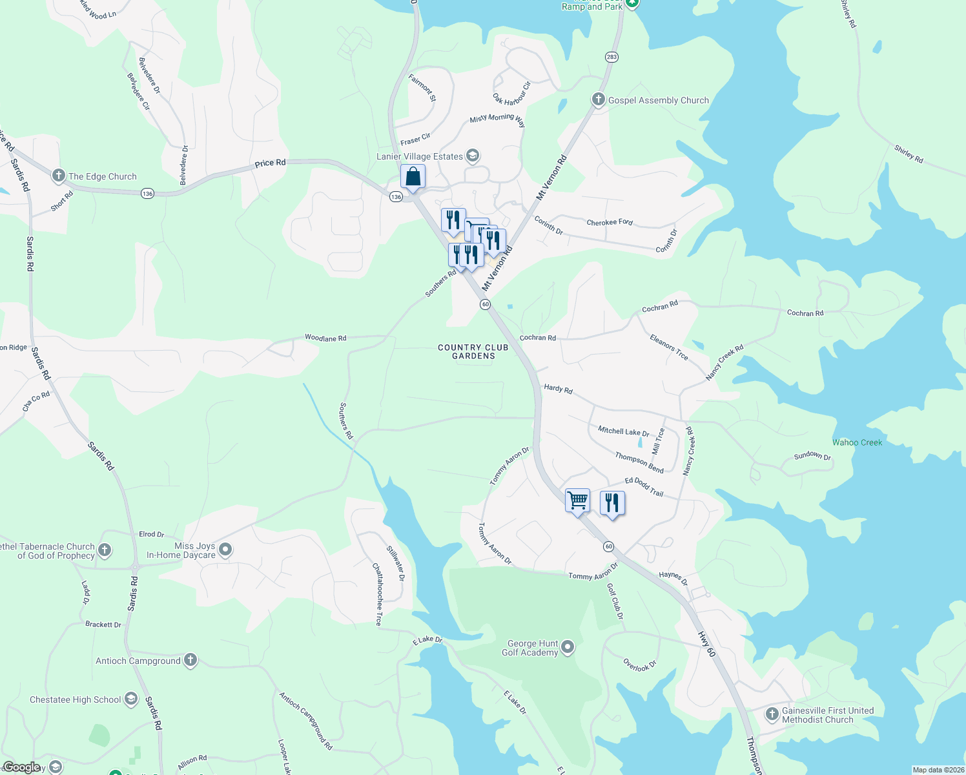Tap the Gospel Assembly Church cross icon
point(599,99)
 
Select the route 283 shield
point(611,57)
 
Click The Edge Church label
point(103,176)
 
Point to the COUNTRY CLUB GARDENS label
point(473,351)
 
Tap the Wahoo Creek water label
point(857,442)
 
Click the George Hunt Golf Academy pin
point(568,646)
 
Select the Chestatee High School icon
point(131,699)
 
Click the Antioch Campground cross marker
point(190,660)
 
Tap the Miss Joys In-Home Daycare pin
point(225,550)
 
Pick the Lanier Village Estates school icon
point(473,156)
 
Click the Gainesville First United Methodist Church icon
point(772,714)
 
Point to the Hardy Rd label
point(558,389)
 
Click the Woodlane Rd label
point(325,338)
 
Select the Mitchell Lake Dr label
point(623,431)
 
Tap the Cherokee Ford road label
point(610,222)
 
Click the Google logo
point(22,767)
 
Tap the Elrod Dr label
point(152,534)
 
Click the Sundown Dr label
point(812,455)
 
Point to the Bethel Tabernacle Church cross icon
point(105,550)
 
